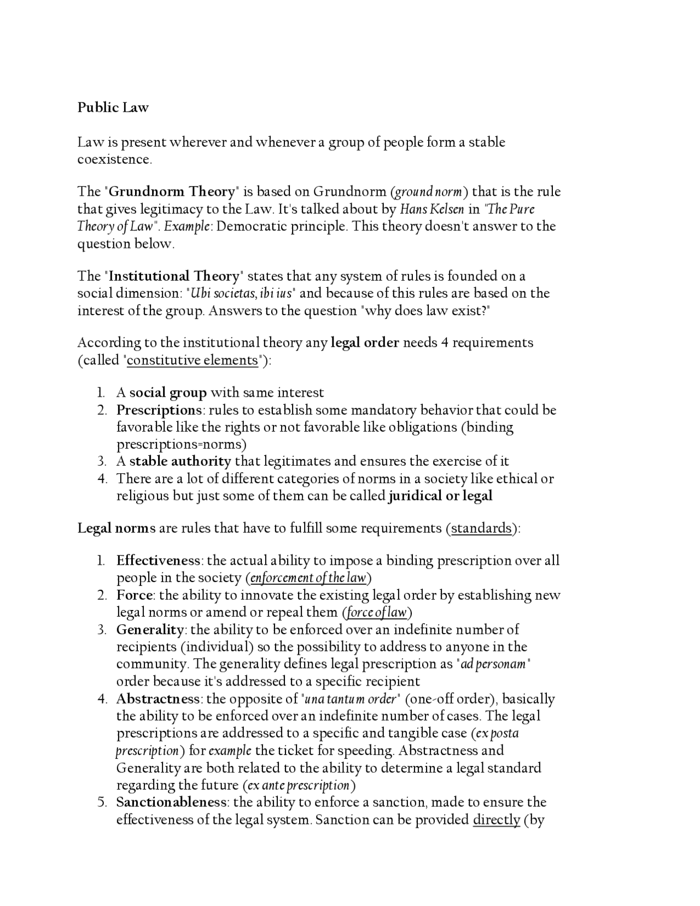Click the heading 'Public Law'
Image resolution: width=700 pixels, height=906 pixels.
(x=113, y=107)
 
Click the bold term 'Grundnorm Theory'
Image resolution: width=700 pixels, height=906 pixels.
(x=171, y=191)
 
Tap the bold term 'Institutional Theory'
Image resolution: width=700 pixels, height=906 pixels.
(x=174, y=276)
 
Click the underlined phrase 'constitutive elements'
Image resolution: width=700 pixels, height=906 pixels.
(x=192, y=360)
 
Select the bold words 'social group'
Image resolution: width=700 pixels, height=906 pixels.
(x=168, y=393)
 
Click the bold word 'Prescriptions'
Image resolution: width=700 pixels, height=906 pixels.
(x=159, y=410)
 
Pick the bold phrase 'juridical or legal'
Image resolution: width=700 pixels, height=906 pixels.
(x=440, y=496)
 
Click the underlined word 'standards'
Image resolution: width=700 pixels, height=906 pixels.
(x=481, y=528)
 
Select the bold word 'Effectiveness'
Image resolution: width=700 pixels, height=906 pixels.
(x=159, y=561)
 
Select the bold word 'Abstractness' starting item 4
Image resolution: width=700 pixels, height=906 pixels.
(x=158, y=699)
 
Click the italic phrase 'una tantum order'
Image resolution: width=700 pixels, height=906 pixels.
(x=351, y=699)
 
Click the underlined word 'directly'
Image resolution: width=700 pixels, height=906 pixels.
(x=496, y=820)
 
